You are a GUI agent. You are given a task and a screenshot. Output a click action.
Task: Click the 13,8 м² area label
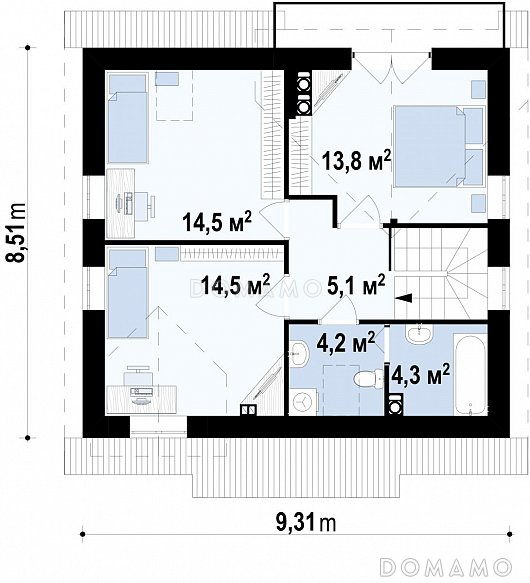(x=357, y=160)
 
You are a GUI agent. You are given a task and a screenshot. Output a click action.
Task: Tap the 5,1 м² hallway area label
(x=356, y=286)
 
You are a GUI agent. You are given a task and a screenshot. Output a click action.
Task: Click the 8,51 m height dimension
(x=17, y=233)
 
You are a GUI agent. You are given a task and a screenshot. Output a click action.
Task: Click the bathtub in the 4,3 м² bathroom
(x=470, y=374)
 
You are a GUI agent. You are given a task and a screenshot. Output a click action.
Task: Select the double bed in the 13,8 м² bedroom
(x=440, y=146)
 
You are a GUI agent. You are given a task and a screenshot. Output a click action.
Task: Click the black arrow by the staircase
(x=404, y=297)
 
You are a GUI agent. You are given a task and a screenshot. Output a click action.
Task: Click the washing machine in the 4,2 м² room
(x=303, y=402)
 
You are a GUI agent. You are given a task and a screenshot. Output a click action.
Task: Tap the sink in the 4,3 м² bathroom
(x=419, y=335)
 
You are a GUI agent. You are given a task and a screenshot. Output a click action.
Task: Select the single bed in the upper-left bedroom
(x=127, y=119)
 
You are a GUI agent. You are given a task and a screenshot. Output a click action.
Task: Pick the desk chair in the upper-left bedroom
(x=144, y=205)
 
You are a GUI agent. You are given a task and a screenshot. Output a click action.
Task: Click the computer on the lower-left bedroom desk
(x=141, y=393)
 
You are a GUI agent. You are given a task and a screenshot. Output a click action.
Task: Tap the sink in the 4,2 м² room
(x=300, y=353)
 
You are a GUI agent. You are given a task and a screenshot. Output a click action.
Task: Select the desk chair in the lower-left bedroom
(x=138, y=376)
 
